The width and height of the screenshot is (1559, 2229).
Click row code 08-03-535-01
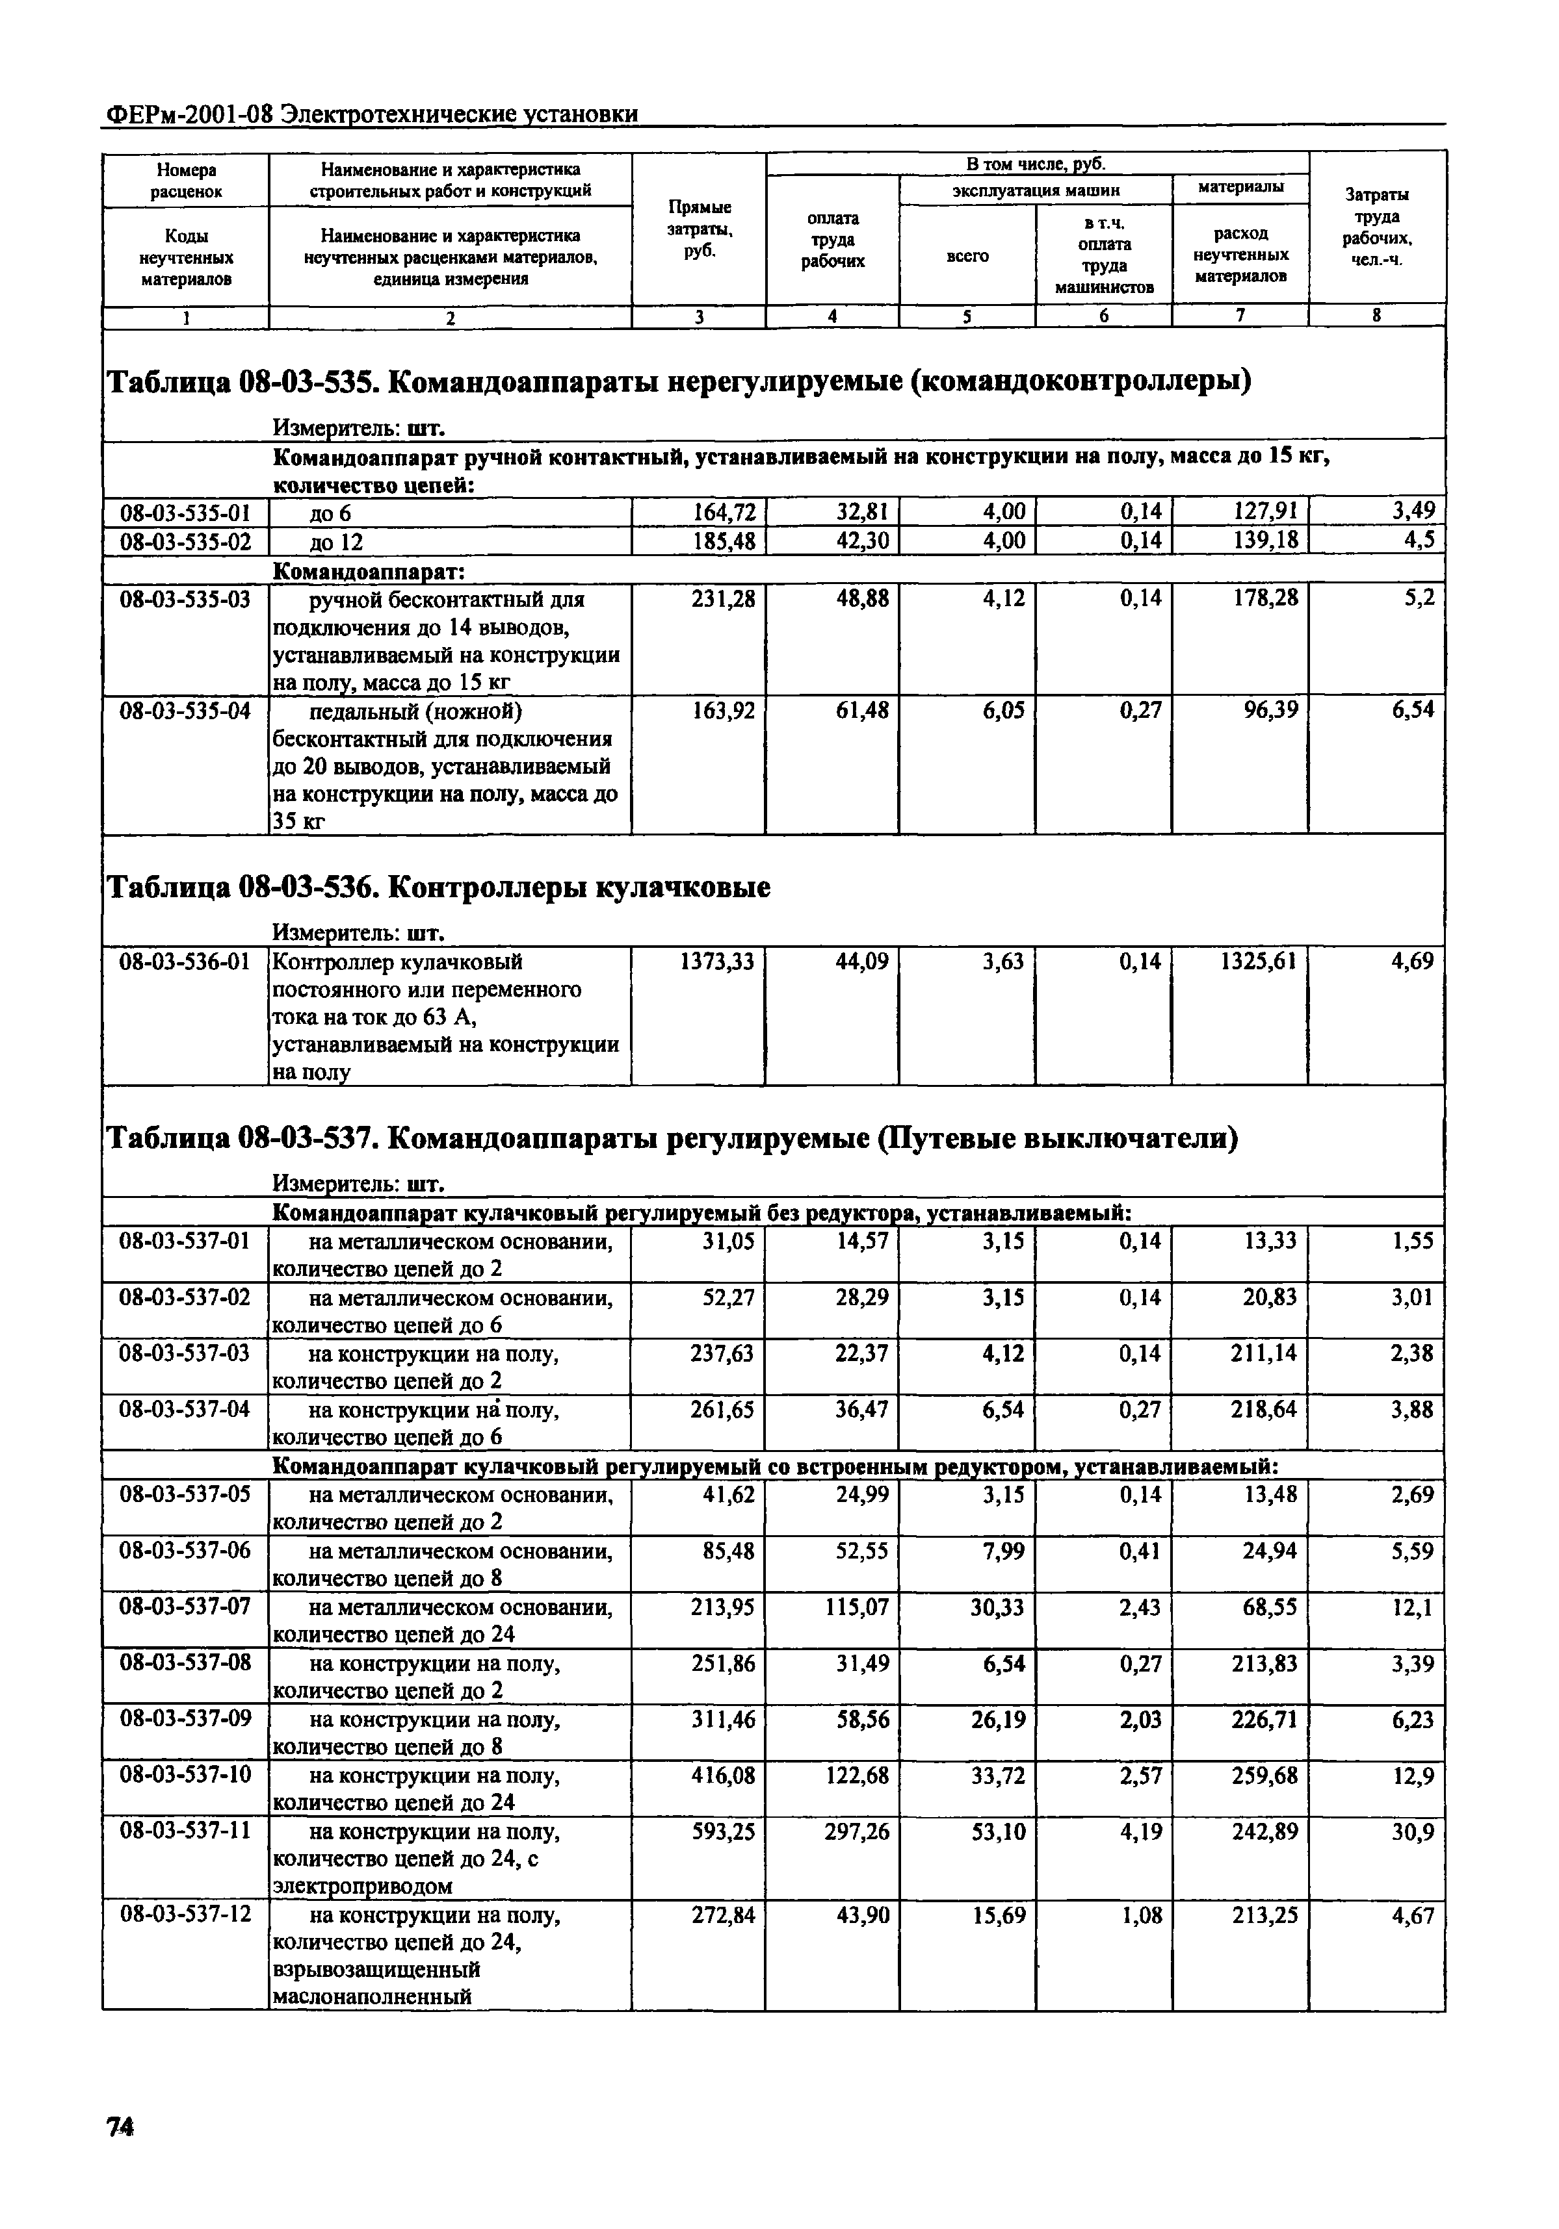pyautogui.click(x=185, y=513)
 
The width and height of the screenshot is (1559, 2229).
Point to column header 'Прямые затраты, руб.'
pyautogui.click(x=700, y=228)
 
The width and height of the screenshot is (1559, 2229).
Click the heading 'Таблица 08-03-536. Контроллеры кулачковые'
pyautogui.click(x=437, y=887)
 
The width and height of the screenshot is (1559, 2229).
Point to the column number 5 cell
pyautogui.click(x=967, y=316)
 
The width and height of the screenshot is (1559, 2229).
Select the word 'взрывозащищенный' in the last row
pyautogui.click(x=377, y=1970)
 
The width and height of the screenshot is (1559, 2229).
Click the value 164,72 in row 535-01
pyautogui.click(x=723, y=512)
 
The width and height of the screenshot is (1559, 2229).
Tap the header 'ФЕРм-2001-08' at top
pyautogui.click(x=187, y=114)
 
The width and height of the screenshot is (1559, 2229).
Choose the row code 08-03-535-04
pyautogui.click(x=185, y=711)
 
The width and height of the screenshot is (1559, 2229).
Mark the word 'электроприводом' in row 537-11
pyautogui.click(x=362, y=1886)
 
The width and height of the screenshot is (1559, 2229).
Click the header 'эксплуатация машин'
pyautogui.click(x=1036, y=190)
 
